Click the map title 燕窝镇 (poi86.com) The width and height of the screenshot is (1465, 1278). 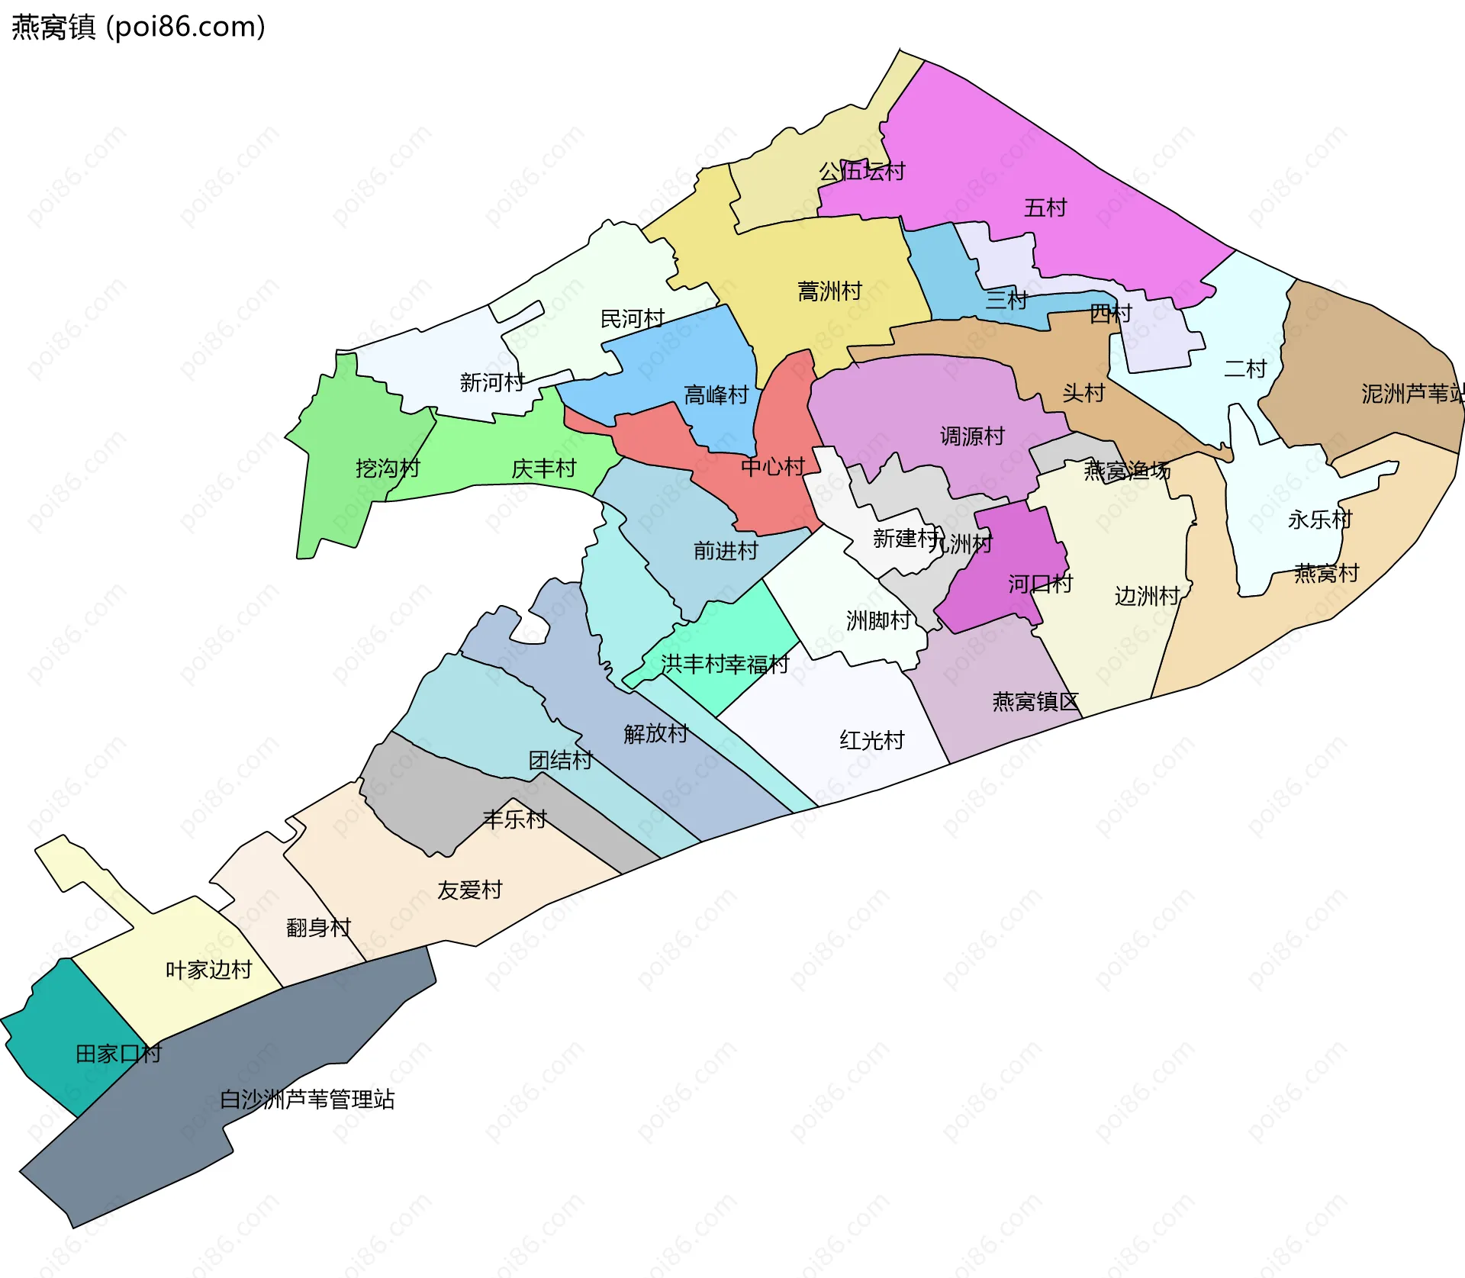pos(138,27)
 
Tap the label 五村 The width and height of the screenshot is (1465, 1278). pos(1045,208)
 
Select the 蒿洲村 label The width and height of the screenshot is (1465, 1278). pos(829,291)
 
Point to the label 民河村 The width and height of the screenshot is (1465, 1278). pos(632,318)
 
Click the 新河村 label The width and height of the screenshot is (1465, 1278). pos(492,381)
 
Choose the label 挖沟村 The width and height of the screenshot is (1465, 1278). pos(388,468)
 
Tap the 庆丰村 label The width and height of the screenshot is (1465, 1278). pos(543,468)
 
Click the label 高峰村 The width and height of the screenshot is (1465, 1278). pos(716,394)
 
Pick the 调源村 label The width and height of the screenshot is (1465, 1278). pos(972,436)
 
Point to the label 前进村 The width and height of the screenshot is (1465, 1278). pos(726,550)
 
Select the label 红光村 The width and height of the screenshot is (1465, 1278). pos(871,739)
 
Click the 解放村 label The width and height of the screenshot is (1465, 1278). pos(655,733)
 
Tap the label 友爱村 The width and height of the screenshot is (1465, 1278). pos(469,890)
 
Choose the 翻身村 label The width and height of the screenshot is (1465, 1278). pos(318,927)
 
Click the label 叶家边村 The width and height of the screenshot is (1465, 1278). pos(208,969)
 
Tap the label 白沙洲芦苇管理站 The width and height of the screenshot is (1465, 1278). pos(307,1099)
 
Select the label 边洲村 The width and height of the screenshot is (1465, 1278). pos(1147,595)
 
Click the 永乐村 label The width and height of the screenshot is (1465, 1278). pos(1320,520)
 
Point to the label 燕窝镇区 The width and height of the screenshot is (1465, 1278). pos(1035,701)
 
